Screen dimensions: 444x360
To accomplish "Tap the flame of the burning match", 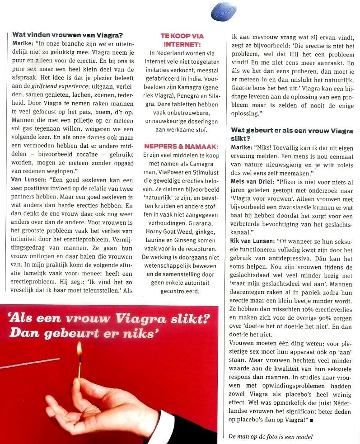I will coord(79,348).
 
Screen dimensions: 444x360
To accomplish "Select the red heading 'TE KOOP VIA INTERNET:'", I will coord(182,40).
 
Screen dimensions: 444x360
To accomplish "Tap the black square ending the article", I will coord(311,420).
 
